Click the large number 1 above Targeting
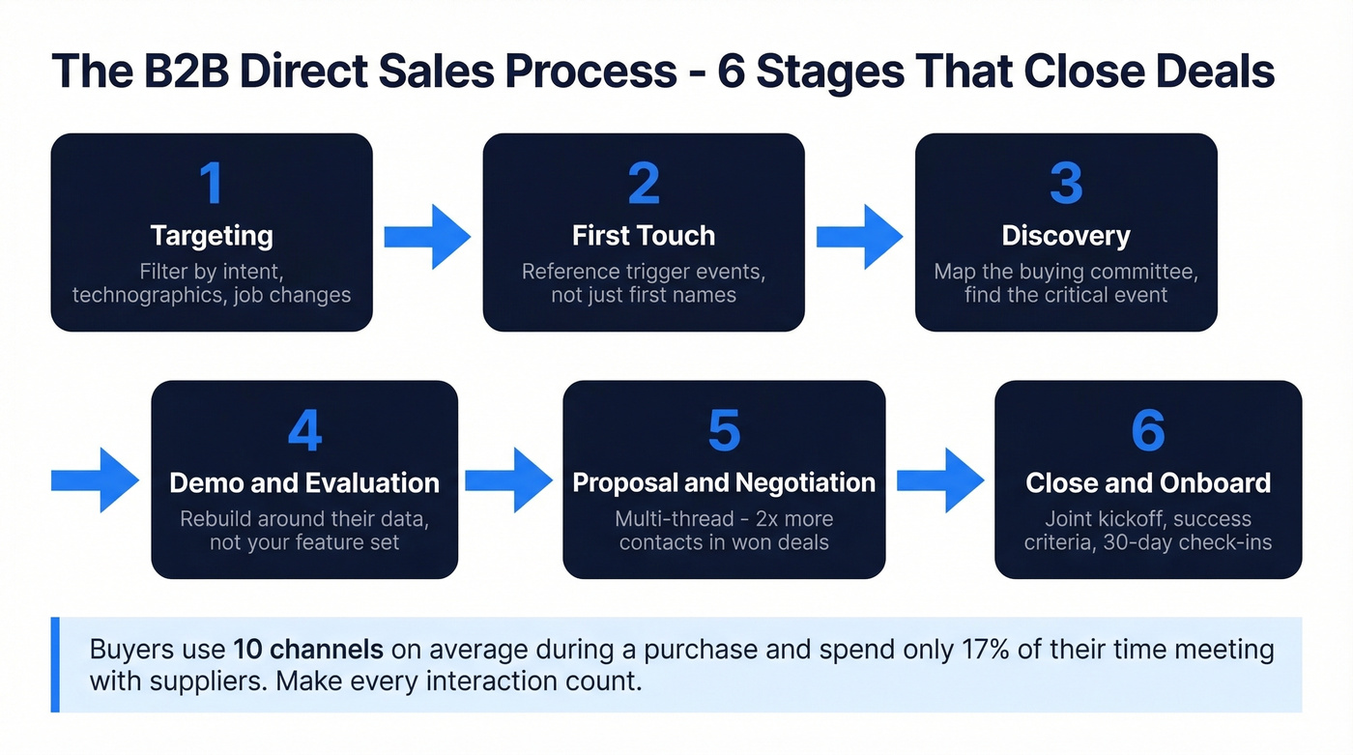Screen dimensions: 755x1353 click(211, 183)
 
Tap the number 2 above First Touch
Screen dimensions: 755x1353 click(644, 183)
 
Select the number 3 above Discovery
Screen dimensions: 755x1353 click(1066, 183)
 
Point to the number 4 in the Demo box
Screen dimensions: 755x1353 click(304, 431)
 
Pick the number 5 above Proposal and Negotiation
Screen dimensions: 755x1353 click(724, 431)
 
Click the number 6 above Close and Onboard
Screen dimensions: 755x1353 click(1148, 431)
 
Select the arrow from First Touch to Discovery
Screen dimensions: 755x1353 click(859, 236)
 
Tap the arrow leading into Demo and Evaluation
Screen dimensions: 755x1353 click(95, 480)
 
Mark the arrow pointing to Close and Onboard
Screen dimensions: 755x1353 click(940, 480)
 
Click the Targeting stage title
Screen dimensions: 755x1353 click(211, 236)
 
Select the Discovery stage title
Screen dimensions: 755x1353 click(1066, 236)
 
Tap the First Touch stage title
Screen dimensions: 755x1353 click(644, 236)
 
